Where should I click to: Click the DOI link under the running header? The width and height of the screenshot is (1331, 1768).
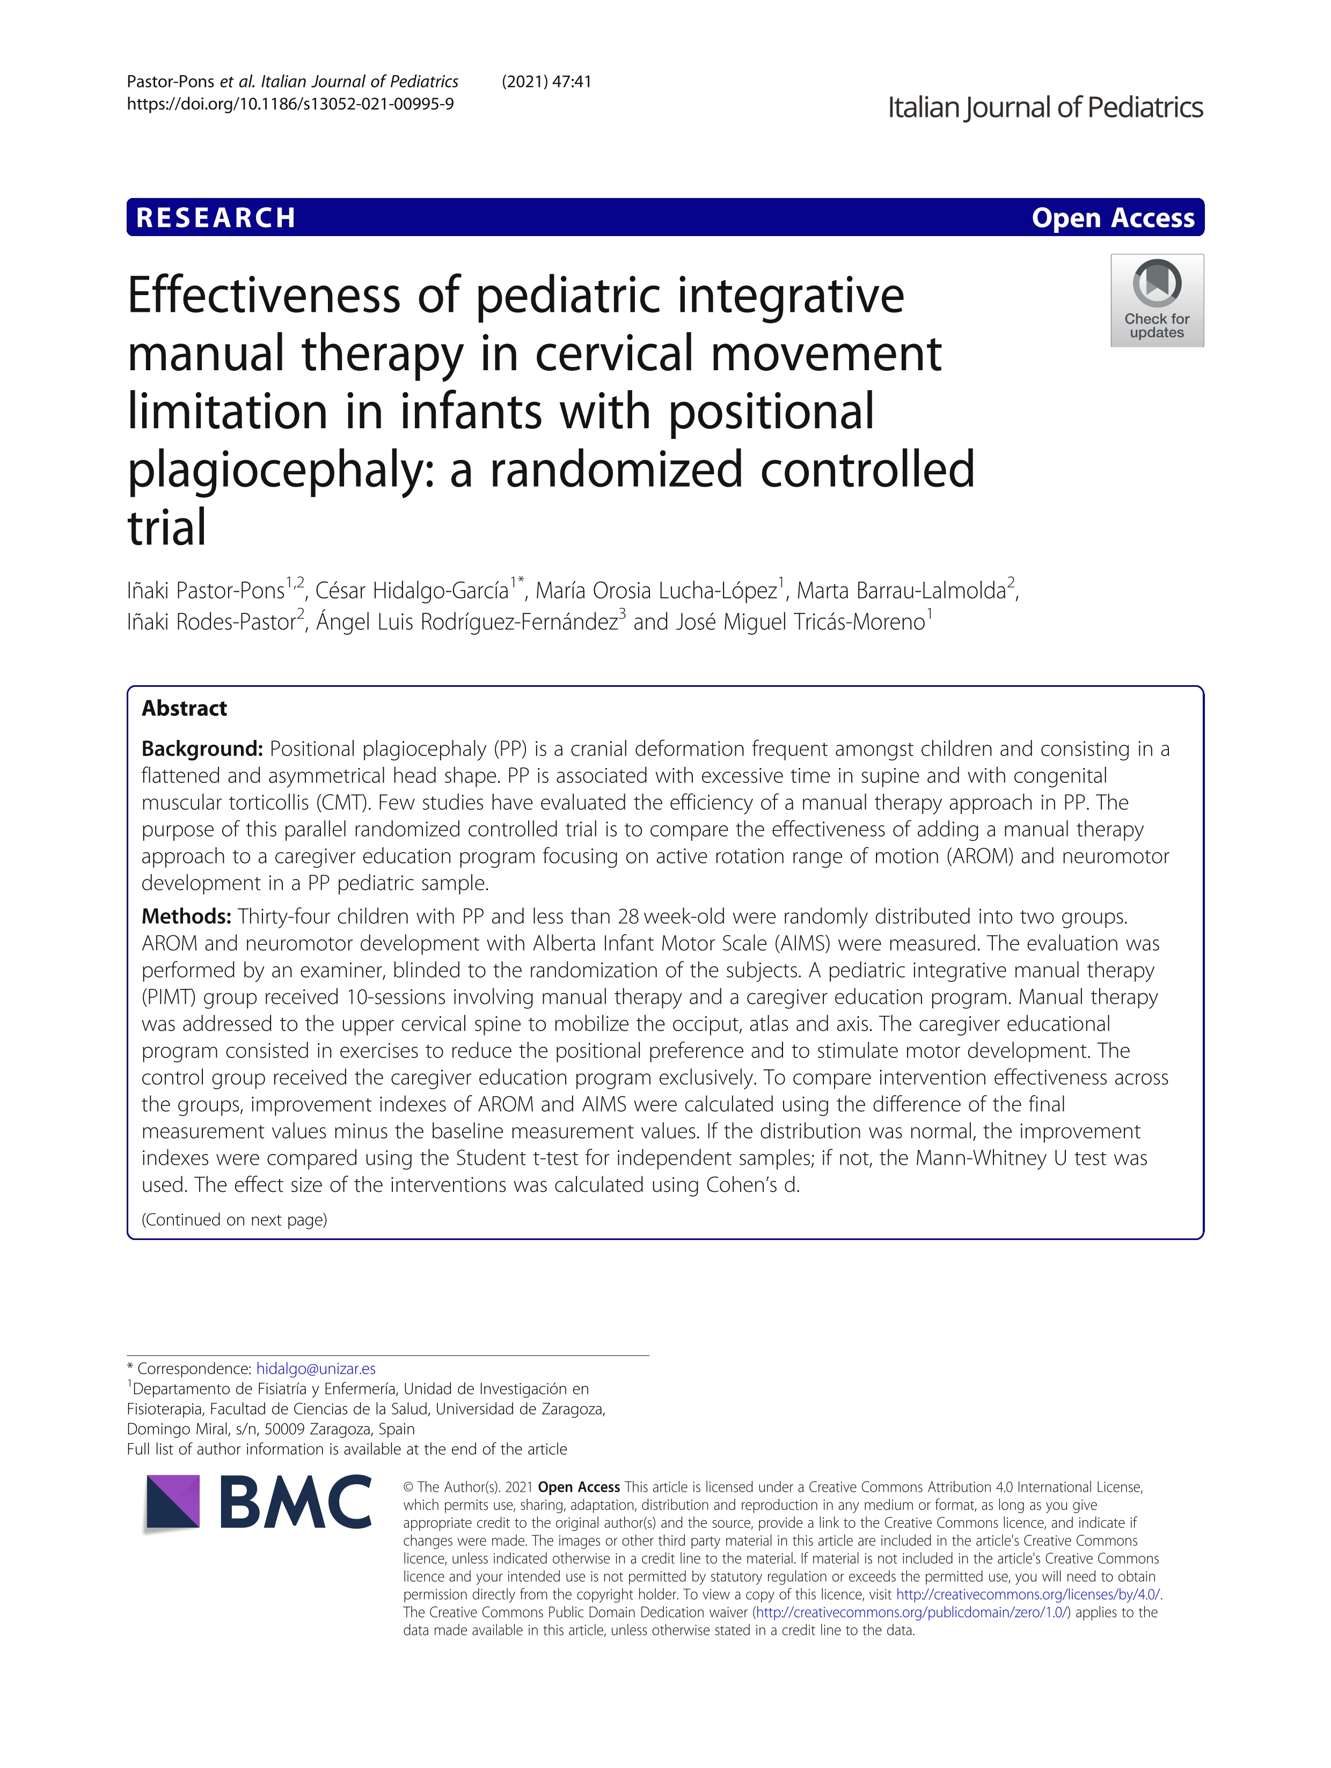[x=290, y=104]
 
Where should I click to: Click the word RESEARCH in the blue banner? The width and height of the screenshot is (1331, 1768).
[x=216, y=217]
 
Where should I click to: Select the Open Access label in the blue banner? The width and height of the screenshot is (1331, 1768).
[x=1112, y=217]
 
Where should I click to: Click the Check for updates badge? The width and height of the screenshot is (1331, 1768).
[x=1156, y=300]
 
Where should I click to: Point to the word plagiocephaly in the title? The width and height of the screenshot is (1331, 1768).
[x=281, y=470]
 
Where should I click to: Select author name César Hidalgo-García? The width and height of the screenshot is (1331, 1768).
[x=412, y=591]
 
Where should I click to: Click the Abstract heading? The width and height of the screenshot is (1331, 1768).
[x=184, y=708]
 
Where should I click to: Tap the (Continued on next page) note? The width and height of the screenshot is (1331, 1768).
[x=234, y=1220]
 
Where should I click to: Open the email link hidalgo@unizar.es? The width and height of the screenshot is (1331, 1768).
[x=316, y=1368]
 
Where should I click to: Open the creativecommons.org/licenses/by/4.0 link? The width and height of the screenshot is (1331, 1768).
[x=1027, y=1594]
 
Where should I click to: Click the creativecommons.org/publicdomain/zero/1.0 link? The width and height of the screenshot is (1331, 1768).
[x=911, y=1612]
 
